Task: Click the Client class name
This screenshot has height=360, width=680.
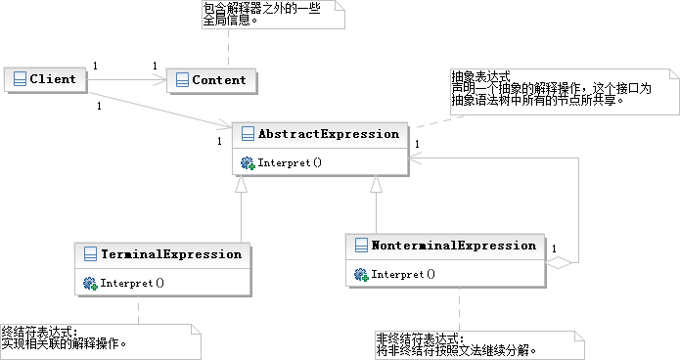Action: [x=52, y=79]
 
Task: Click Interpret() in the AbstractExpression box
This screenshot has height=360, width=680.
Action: [x=290, y=162]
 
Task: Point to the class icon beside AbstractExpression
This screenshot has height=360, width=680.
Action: [x=247, y=134]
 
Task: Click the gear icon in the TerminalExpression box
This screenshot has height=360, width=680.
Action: [x=90, y=283]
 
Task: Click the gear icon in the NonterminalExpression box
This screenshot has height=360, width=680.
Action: [x=360, y=275]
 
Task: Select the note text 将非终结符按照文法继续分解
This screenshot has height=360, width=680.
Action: [x=456, y=349]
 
